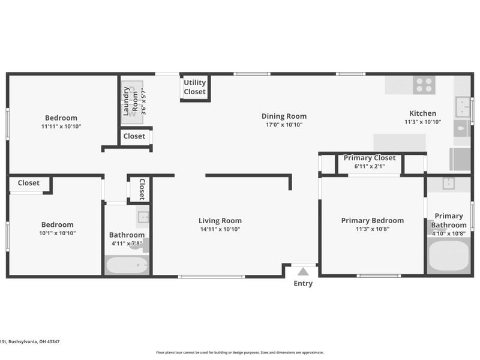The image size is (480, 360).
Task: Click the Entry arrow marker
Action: click(x=303, y=272)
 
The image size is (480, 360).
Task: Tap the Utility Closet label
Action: click(x=194, y=87)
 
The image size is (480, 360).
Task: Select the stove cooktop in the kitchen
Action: click(x=424, y=85)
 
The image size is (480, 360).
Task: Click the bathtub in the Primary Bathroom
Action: click(x=449, y=256)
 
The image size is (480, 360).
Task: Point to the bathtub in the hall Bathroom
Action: click(x=127, y=265)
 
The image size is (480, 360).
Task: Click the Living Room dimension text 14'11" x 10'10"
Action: click(x=220, y=229)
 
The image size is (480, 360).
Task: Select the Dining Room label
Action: click(x=284, y=116)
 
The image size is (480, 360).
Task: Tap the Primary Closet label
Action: click(x=369, y=158)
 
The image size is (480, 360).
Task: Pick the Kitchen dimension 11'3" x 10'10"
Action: click(x=422, y=122)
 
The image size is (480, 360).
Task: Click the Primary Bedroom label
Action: click(x=372, y=220)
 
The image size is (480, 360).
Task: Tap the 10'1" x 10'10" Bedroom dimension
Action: click(x=57, y=233)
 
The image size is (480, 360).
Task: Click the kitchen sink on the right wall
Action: click(x=462, y=107)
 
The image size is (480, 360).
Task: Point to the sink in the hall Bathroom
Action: click(x=143, y=217)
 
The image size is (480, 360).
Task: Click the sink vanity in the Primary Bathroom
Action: click(x=448, y=184)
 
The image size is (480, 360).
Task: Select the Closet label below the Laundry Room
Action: click(x=134, y=136)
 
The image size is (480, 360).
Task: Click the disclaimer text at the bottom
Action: click(x=239, y=352)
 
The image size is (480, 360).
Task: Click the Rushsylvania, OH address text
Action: click(x=30, y=341)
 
